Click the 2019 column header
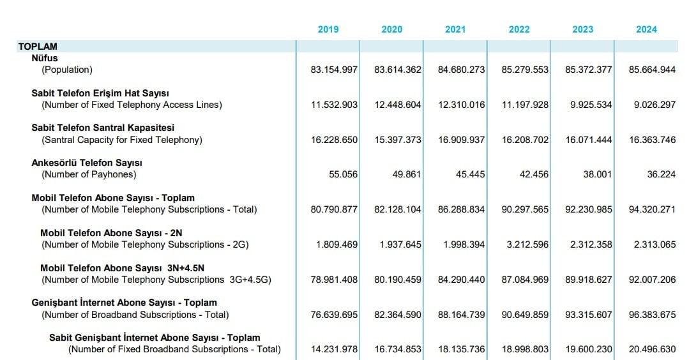328,29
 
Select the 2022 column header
519,29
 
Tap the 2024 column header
646,29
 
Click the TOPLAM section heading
38,47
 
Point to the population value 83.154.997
334,70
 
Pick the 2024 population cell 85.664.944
652,70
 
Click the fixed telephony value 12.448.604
398,105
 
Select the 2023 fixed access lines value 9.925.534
591,105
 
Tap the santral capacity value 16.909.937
462,140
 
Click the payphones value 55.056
343,174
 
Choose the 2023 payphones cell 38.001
598,174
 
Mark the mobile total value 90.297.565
525,209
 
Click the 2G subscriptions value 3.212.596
528,244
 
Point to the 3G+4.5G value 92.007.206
652,280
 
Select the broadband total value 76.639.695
334,315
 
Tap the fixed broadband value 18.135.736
462,349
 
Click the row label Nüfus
45,58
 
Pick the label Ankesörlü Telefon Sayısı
87,163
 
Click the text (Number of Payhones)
89,174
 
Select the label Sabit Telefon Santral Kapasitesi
103,128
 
